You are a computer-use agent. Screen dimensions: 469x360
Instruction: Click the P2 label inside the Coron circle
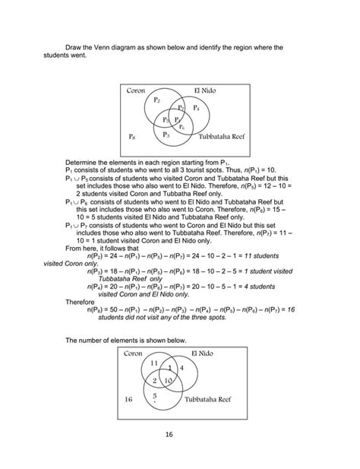[x=156, y=100]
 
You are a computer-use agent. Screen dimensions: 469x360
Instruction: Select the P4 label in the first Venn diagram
[x=196, y=108]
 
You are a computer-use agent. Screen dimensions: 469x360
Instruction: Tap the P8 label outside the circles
[x=133, y=138]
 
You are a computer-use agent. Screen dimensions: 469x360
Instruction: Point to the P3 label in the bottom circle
[x=166, y=134]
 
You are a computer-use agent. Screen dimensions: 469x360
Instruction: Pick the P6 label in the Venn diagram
[x=182, y=126]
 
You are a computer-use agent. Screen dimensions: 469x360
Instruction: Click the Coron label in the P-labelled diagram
[x=136, y=90]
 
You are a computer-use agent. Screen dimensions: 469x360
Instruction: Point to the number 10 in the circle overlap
[x=169, y=379]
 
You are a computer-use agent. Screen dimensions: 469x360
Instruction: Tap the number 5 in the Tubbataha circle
[x=155, y=395]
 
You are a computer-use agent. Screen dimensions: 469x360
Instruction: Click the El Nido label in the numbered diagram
[x=203, y=353]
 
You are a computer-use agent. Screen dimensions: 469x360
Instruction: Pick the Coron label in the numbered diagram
[x=136, y=353]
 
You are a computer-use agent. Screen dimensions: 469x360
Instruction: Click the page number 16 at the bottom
[x=179, y=434]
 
